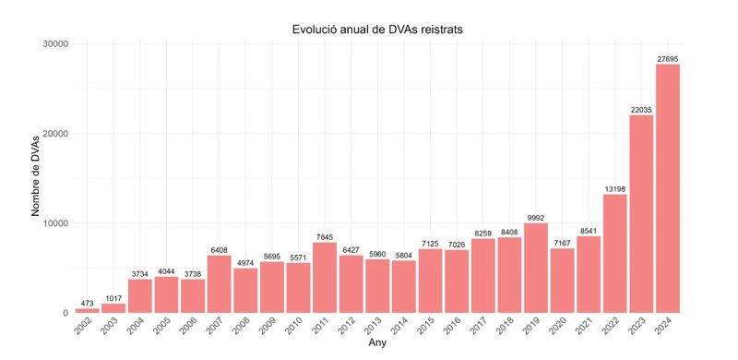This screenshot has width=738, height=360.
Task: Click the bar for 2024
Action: tap(668, 188)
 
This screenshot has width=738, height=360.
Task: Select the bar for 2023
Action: tap(641, 213)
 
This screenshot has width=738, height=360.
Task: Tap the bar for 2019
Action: tap(536, 268)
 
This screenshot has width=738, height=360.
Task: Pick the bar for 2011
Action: tap(325, 277)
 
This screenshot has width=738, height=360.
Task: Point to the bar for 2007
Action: tap(219, 283)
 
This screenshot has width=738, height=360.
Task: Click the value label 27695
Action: tap(668, 58)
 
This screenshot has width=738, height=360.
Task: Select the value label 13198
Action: tap(614, 188)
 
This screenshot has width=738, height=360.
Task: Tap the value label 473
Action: tap(87, 303)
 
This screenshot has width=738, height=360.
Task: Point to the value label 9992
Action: tap(536, 217)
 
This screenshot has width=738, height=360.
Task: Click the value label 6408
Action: tap(219, 249)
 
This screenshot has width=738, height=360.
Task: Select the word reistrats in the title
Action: tap(438, 30)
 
